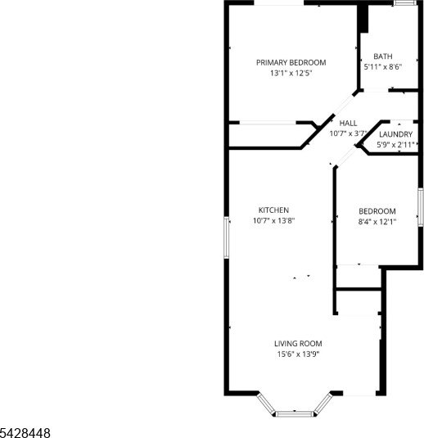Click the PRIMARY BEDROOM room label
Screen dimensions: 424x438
291,62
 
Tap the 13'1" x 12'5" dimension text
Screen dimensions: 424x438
291,73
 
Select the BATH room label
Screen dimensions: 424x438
383,56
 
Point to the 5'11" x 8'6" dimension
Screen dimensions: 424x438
383,67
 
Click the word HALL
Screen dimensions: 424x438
348,123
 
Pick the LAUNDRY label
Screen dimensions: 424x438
396,134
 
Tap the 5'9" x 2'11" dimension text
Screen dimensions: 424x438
395,145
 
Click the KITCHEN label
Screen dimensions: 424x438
273,210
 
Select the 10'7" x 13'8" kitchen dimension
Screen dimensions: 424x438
273,221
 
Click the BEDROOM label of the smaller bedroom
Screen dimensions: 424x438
377,211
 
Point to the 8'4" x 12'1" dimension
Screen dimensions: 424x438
377,222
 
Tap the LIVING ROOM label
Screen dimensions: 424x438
298,344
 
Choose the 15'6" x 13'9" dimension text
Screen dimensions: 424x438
298,354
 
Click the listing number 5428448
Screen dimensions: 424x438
25,433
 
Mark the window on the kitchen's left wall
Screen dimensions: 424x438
227,237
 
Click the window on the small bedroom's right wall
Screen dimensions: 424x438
421,207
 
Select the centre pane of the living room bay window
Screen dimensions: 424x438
295,413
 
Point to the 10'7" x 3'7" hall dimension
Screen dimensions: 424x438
348,133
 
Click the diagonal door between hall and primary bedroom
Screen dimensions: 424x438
344,106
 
